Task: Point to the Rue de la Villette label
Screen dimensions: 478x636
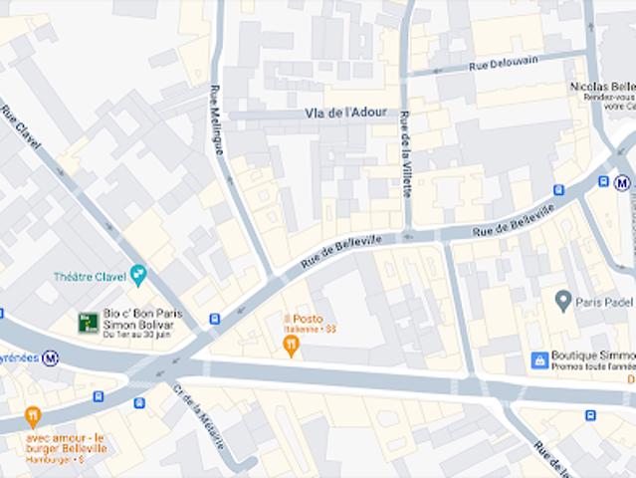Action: click(x=405, y=153)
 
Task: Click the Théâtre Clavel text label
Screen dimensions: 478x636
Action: click(x=91, y=276)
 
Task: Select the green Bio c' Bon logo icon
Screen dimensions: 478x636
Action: click(x=89, y=322)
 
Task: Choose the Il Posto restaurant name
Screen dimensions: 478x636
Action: click(x=303, y=319)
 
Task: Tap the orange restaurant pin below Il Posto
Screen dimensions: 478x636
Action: click(x=291, y=347)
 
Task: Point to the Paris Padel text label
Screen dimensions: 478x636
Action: click(x=605, y=301)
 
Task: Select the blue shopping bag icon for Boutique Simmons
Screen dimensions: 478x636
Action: click(x=539, y=359)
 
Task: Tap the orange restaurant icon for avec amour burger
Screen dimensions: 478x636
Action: click(x=33, y=415)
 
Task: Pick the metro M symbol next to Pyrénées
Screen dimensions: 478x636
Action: click(x=51, y=358)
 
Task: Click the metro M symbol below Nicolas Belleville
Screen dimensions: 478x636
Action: click(x=622, y=182)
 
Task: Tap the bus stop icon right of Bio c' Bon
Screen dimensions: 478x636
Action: click(x=214, y=320)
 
